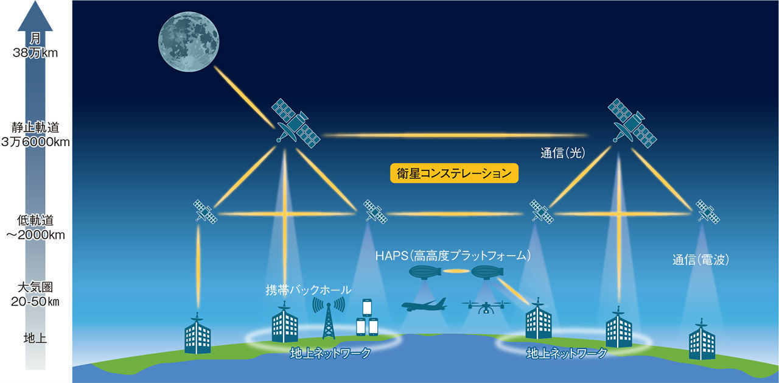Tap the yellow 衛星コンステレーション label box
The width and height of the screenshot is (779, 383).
pyautogui.click(x=454, y=174)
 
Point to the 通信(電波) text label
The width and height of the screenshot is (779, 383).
pyautogui.click(x=700, y=260)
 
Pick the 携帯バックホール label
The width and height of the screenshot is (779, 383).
pyautogui.click(x=309, y=289)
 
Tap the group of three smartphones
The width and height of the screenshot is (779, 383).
pyautogui.click(x=366, y=318)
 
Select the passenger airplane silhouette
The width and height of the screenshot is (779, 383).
pyautogui.click(x=424, y=305)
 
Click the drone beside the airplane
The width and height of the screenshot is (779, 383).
pyautogui.click(x=485, y=306)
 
